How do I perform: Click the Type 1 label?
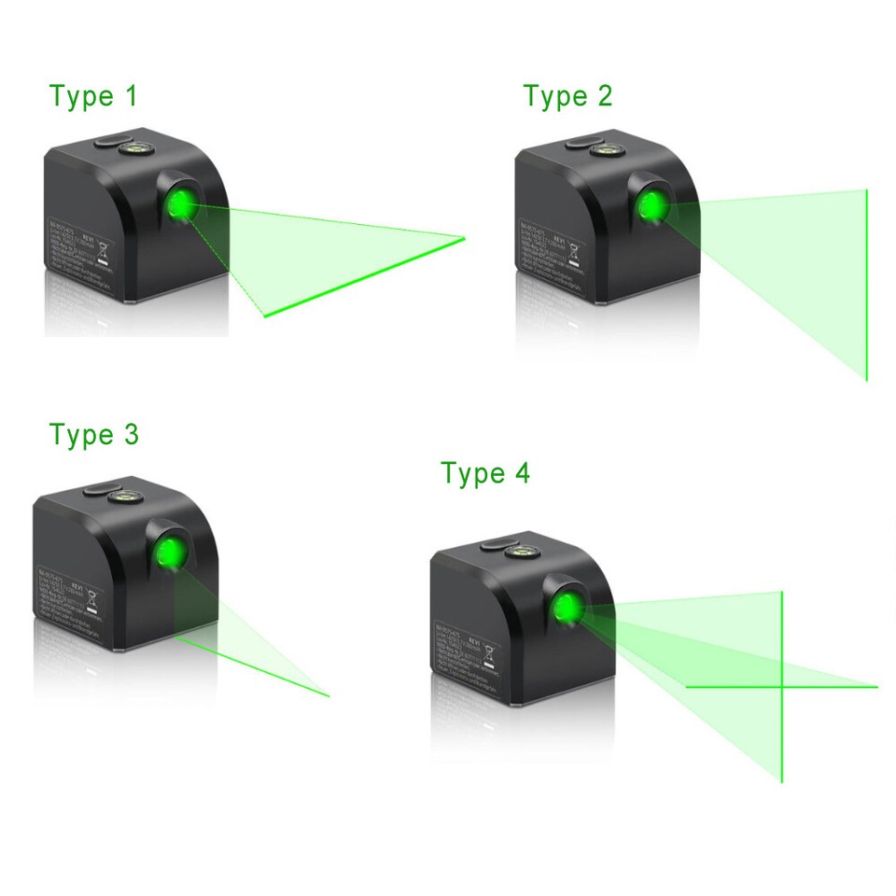(x=93, y=96)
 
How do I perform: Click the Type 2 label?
(x=567, y=96)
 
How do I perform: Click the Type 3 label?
(x=93, y=435)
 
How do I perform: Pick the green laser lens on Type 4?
(x=567, y=609)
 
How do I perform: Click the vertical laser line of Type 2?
(x=867, y=285)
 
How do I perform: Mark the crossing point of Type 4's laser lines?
(x=782, y=687)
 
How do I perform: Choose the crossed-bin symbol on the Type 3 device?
(x=92, y=598)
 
